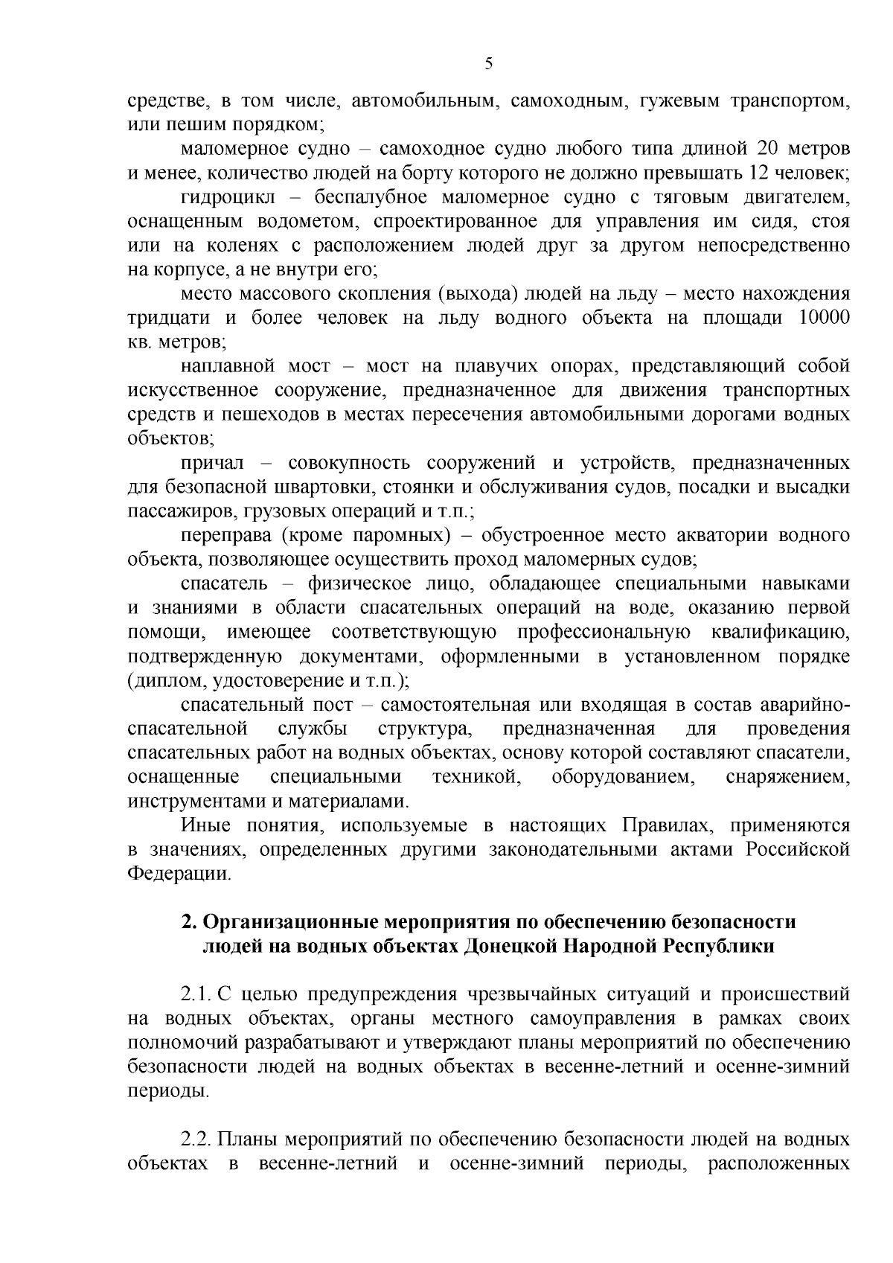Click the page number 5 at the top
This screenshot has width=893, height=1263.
tap(488, 64)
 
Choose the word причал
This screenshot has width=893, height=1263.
tap(212, 463)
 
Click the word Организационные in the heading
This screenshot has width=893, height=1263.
tap(290, 921)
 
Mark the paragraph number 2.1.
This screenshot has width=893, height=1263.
tap(197, 994)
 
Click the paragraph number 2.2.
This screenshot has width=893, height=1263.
tap(197, 1139)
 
